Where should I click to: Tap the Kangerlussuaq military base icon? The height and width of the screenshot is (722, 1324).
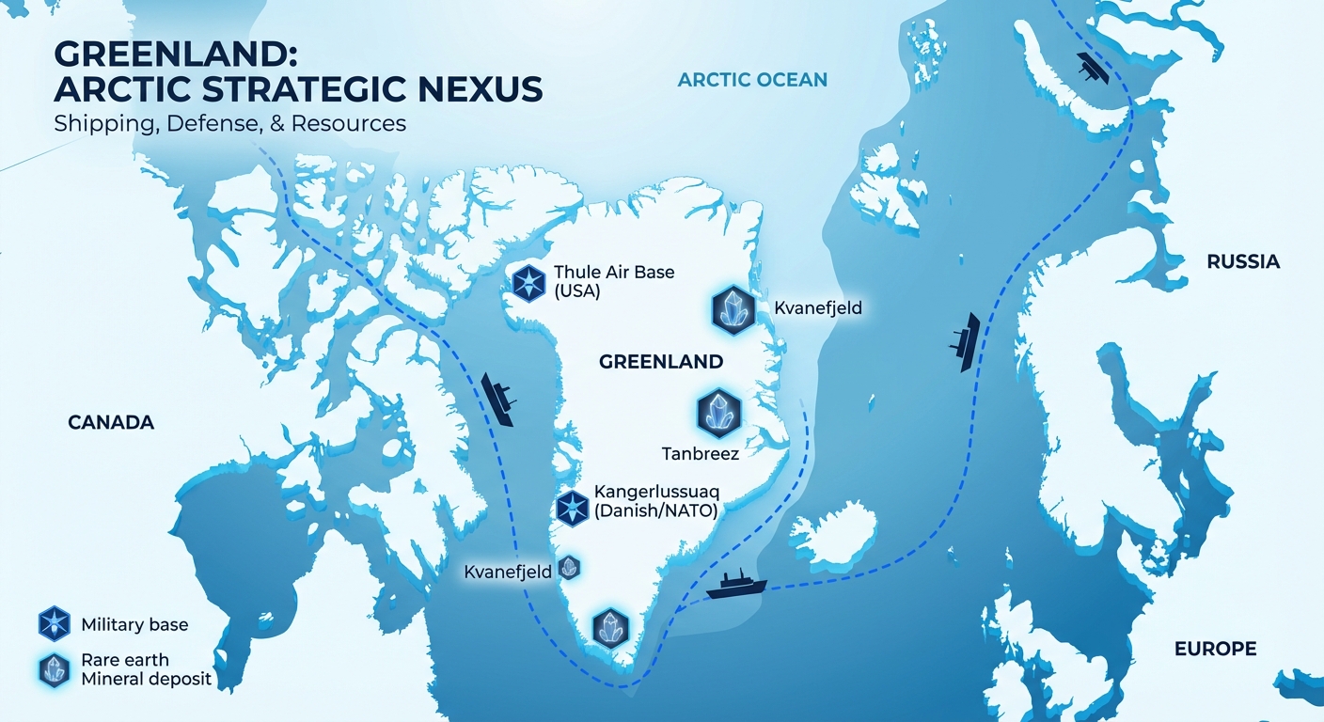coord(571,508)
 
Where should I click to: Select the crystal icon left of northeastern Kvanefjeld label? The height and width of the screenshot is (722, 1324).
coord(732,310)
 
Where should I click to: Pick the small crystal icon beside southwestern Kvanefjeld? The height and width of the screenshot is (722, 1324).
coord(570,567)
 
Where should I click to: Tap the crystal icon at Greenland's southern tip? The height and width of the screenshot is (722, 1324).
coord(609,626)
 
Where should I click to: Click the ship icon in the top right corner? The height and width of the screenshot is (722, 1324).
coord(1092,66)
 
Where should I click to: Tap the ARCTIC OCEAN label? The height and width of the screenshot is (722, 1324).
coord(752,80)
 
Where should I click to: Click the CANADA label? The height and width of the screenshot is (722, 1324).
coord(111,423)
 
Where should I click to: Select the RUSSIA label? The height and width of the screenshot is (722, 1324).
coord(1243,261)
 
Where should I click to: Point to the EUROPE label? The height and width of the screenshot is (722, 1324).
coord(1215,649)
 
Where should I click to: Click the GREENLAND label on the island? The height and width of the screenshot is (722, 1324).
coord(660,362)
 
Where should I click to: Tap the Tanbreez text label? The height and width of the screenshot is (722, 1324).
coord(700,454)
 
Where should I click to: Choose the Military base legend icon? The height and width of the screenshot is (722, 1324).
coord(55,624)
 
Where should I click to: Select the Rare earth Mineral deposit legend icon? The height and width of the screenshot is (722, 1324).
coord(55,668)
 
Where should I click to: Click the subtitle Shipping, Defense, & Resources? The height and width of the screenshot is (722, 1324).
coord(230,124)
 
